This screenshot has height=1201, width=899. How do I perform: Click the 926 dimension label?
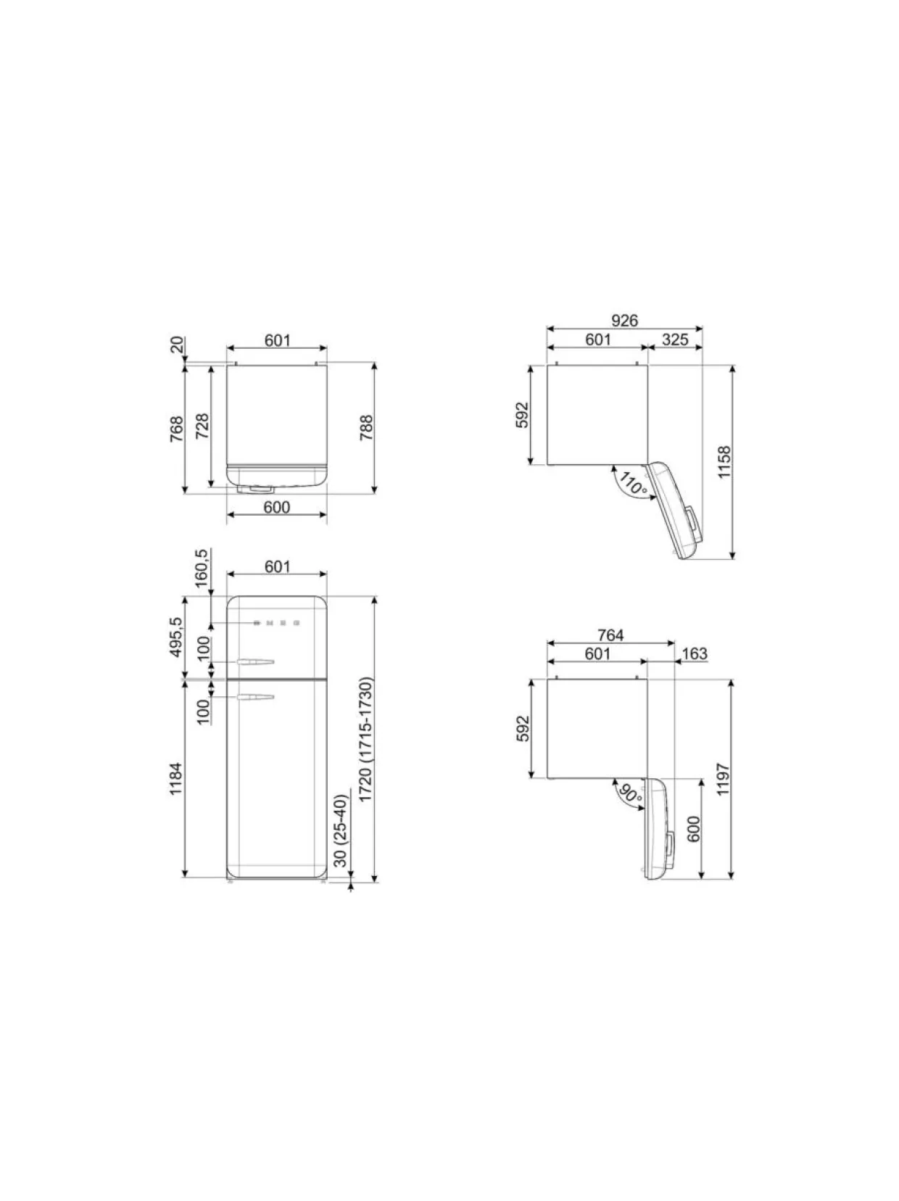pos(624,320)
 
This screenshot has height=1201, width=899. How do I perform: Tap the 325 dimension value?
pos(675,340)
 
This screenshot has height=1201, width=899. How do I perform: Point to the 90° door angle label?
pos(631,793)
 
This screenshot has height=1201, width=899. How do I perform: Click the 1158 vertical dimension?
pos(724,463)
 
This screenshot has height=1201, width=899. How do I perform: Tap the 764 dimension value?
pos(610,635)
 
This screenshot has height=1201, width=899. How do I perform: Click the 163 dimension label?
pos(695,654)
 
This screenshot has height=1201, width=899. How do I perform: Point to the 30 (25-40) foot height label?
pos(341,831)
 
